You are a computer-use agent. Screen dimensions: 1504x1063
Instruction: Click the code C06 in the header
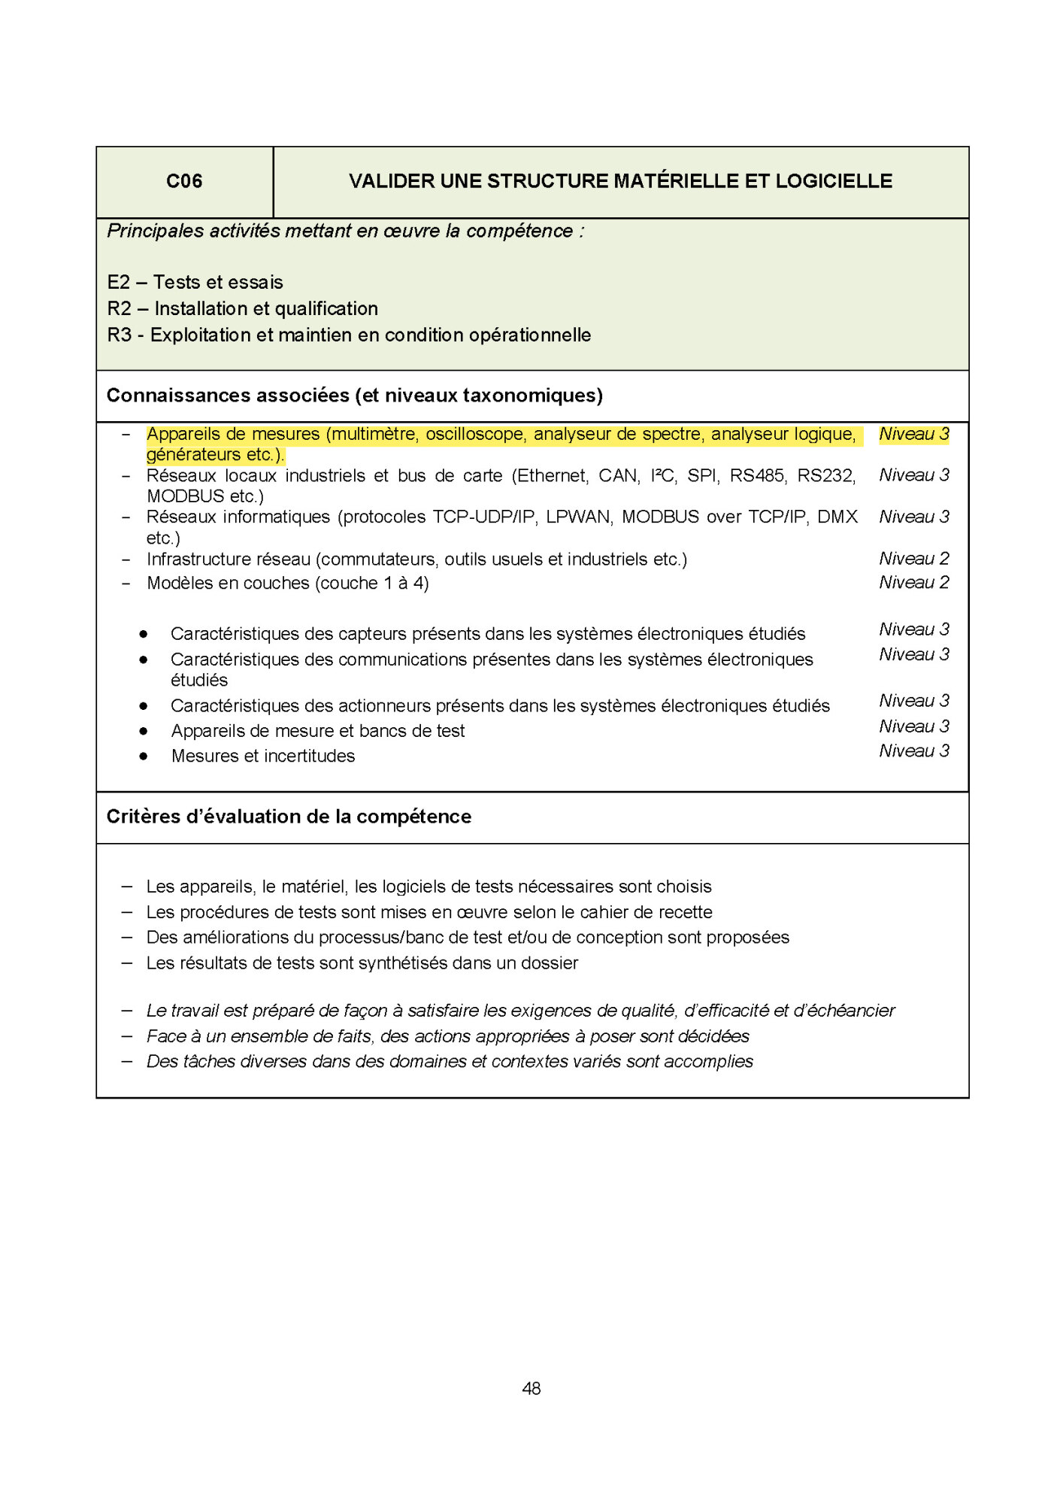(x=184, y=181)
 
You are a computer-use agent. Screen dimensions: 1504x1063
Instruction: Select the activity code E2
(x=119, y=283)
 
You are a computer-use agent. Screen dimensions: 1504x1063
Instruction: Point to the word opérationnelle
(x=530, y=335)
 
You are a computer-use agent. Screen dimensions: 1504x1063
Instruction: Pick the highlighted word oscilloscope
(x=474, y=435)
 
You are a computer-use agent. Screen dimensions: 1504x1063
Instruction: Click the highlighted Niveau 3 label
(x=913, y=435)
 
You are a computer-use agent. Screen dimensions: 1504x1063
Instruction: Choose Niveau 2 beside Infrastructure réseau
(x=913, y=559)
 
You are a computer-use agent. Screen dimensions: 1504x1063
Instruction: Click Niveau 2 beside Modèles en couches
(x=913, y=583)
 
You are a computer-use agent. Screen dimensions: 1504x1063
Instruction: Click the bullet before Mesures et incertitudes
(x=144, y=757)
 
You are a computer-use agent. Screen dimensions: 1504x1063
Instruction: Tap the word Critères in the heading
(x=137, y=817)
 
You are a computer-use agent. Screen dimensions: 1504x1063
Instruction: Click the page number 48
(x=531, y=1388)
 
